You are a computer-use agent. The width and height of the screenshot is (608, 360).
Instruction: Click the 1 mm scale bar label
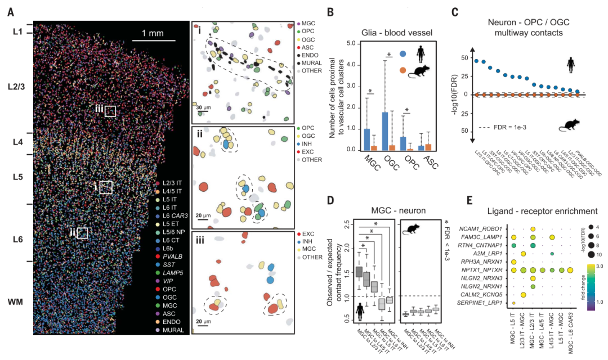click(152, 33)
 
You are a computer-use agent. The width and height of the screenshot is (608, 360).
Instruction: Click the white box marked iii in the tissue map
click(110, 111)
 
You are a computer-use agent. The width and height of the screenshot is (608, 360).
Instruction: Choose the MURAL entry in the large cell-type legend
click(173, 330)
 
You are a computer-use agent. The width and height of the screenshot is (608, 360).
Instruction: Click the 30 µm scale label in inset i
click(203, 106)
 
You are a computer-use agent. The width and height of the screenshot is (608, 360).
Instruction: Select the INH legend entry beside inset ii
click(309, 144)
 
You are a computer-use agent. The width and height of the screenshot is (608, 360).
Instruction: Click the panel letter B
click(331, 11)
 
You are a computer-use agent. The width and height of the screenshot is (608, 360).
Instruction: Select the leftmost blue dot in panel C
click(477, 61)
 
